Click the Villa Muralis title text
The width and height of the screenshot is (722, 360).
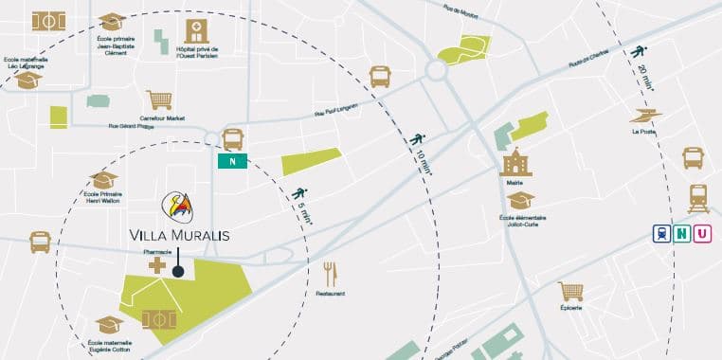[x=179, y=234]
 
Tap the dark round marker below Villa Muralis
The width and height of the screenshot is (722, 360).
[x=178, y=272]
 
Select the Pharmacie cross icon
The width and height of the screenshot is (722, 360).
[x=156, y=265]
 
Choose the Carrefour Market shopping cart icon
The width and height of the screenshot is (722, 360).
[x=159, y=99]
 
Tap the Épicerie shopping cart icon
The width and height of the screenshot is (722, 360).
[x=569, y=291]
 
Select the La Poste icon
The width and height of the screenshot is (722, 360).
[x=646, y=116]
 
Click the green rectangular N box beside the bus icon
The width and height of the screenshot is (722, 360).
[x=232, y=161]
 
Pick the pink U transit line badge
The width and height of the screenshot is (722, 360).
[x=702, y=233]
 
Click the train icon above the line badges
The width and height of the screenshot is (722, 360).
[x=697, y=198]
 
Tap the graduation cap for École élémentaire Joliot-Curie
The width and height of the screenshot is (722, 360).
[x=519, y=200]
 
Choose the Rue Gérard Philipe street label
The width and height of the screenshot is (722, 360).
[x=130, y=124]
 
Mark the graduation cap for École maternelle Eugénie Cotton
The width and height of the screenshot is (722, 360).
[x=109, y=324]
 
